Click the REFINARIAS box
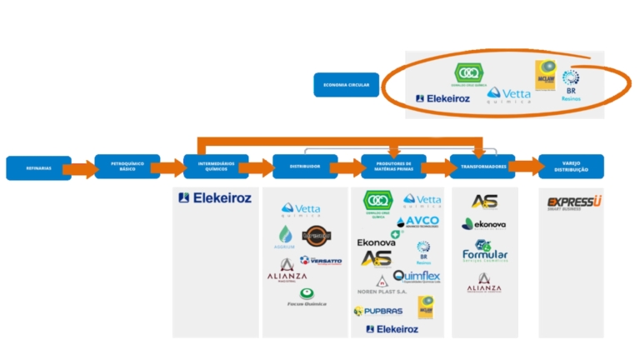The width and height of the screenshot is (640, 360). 37,167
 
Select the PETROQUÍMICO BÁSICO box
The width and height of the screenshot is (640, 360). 127,167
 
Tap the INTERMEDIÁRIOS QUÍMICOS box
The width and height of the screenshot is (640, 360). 216,167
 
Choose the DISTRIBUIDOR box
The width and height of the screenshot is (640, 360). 305,167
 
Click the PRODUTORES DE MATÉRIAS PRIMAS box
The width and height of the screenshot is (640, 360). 393,167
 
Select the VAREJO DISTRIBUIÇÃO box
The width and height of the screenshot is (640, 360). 571,167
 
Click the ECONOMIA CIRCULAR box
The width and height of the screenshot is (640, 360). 346,84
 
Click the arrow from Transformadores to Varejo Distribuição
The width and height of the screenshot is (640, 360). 527,167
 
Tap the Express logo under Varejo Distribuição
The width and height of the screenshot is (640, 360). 574,202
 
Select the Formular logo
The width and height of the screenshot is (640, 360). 485,252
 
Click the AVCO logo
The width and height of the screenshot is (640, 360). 418,222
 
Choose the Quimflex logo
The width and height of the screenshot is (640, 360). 416,277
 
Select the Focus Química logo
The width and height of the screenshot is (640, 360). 307,297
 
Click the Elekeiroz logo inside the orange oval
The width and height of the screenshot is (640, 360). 442,98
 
